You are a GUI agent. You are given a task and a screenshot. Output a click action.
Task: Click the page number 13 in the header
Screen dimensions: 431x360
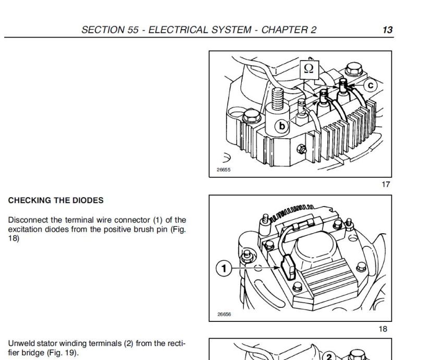(388, 30)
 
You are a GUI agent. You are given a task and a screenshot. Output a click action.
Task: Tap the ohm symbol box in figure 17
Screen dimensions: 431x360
(309, 69)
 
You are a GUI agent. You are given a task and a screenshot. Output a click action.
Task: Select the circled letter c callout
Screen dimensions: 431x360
(371, 86)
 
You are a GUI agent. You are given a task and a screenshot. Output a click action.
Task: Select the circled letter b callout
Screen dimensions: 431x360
(282, 126)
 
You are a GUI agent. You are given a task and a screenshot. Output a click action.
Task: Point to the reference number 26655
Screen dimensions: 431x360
(224, 170)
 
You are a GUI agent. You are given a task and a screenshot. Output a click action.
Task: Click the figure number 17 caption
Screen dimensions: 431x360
(386, 184)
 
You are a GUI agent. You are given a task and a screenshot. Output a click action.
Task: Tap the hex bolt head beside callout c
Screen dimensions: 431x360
(354, 69)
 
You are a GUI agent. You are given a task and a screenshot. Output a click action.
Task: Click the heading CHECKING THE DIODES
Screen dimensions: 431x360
(56, 200)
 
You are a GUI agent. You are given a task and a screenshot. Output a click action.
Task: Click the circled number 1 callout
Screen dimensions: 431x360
(224, 268)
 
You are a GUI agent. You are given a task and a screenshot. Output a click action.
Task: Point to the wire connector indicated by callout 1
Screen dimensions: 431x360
(288, 267)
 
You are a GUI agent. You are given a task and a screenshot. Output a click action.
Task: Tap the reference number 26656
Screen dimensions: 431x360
(224, 314)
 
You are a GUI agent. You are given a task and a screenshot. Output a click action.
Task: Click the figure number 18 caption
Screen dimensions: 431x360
(383, 329)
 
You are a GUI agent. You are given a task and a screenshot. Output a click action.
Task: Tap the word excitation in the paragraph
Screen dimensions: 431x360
(26, 230)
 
